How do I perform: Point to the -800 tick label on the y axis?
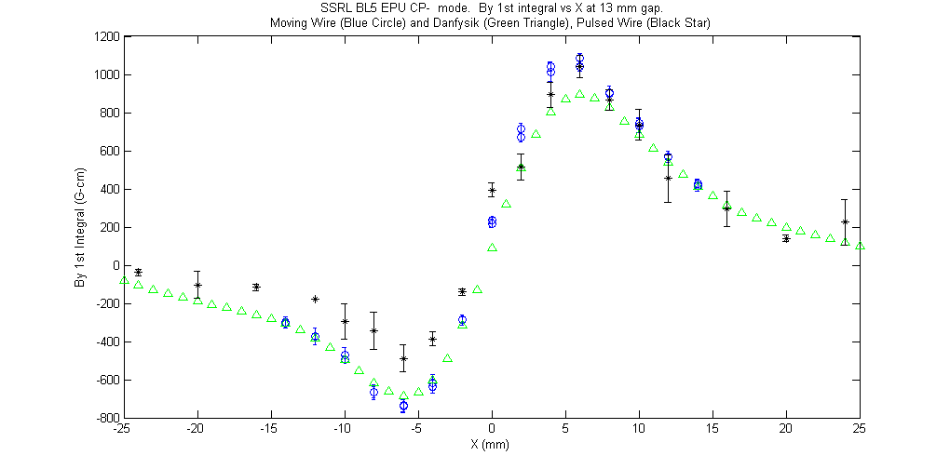[x=108, y=418]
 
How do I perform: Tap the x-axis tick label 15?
[x=712, y=428]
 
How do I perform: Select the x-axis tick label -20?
[x=197, y=428]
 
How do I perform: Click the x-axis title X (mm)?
[x=490, y=444]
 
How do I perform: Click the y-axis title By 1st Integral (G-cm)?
[x=78, y=227]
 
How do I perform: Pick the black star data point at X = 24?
[x=845, y=222]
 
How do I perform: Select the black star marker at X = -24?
[x=138, y=273]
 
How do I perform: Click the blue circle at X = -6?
[x=403, y=406]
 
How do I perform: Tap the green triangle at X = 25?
[x=859, y=246]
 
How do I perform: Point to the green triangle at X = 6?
[x=580, y=94]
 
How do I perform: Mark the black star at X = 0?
[x=492, y=191]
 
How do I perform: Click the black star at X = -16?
[x=256, y=287]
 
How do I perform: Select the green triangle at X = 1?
[x=507, y=204]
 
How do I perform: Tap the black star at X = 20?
[x=786, y=239]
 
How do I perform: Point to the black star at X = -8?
[x=373, y=330]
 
